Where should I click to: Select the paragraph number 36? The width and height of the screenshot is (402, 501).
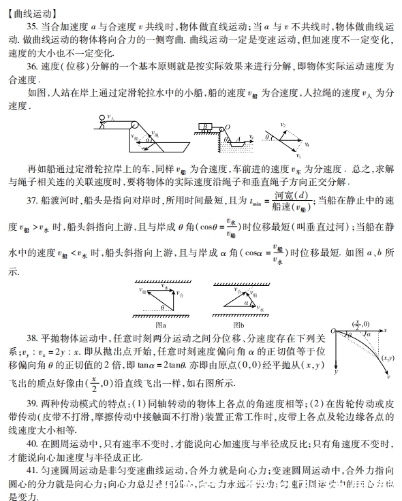pos(33,67)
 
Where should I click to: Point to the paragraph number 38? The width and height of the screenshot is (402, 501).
pos(33,338)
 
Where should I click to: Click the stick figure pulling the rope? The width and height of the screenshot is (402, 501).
pos(103,123)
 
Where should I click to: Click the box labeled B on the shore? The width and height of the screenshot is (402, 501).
pos(205,127)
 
